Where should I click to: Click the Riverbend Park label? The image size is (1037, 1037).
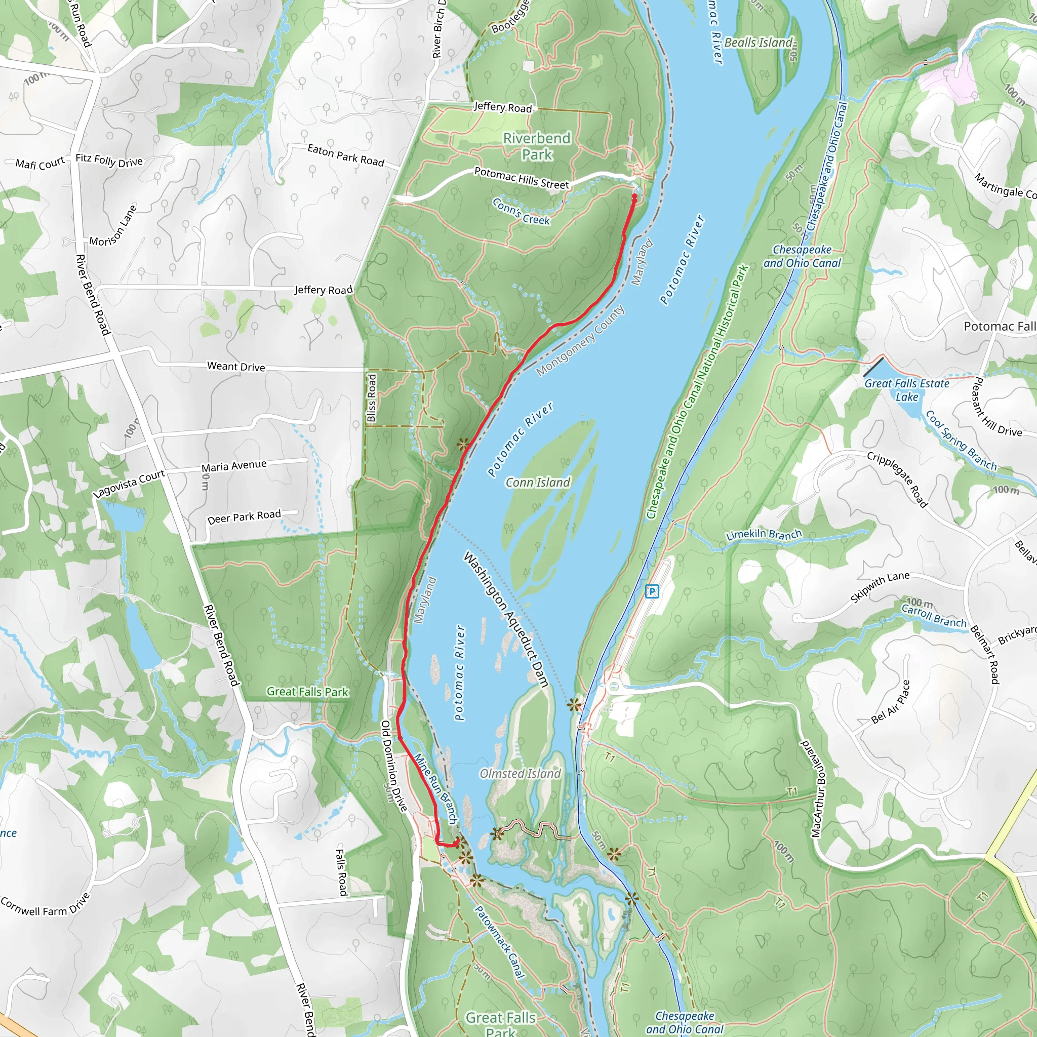coord(536,146)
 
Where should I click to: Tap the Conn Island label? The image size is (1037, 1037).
coord(537,482)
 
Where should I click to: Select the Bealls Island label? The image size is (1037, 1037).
coord(759,43)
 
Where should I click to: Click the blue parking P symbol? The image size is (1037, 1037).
coord(652,591)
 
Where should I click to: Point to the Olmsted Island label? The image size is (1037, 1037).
coord(520,774)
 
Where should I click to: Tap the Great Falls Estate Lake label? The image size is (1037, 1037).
coord(906,390)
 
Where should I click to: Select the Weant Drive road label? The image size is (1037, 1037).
coord(236,367)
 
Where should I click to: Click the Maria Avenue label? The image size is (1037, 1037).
coord(234,466)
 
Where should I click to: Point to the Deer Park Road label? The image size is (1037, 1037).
coord(244,517)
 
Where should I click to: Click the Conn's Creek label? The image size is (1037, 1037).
coord(521,212)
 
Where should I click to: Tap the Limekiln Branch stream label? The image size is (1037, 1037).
coord(763,535)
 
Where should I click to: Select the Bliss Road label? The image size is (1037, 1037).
coord(372,397)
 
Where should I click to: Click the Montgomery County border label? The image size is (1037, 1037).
coord(580,340)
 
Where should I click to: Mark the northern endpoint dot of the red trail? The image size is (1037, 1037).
coord(634,197)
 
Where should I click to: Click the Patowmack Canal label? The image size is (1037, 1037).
coord(499,942)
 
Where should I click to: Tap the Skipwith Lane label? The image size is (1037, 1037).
coord(880,587)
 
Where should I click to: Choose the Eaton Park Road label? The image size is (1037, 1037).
coord(346,155)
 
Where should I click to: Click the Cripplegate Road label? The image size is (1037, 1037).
coord(897,480)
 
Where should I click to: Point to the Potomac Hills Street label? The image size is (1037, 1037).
coord(521,178)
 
